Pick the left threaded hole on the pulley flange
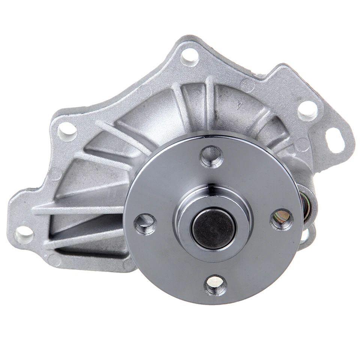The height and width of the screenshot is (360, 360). click(x=145, y=224)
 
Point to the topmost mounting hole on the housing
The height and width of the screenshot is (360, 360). click(x=189, y=57)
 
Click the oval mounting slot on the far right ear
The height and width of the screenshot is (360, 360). click(x=334, y=140)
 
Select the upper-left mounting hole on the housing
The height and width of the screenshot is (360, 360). click(x=67, y=131)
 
